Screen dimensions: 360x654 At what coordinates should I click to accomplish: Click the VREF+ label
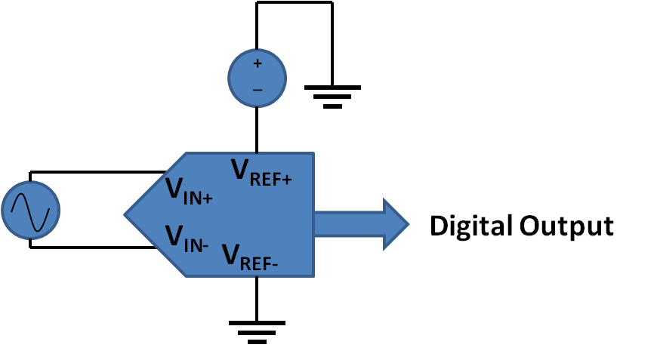pyautogui.click(x=261, y=172)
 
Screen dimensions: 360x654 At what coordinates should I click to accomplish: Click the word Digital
pyautogui.click(x=473, y=226)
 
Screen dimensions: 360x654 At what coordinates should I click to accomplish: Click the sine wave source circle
pyautogui.click(x=31, y=209)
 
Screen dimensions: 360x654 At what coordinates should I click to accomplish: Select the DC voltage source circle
pyautogui.click(x=257, y=78)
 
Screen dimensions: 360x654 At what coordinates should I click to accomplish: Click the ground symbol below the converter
pyautogui.click(x=257, y=331)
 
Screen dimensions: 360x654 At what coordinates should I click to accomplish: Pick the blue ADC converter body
pyautogui.click(x=249, y=215)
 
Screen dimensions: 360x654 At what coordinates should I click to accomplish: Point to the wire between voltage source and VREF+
pyautogui.click(x=257, y=129)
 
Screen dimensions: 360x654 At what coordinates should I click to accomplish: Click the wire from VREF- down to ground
pyautogui.click(x=257, y=297)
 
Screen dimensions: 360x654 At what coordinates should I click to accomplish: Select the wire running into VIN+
pyautogui.click(x=98, y=172)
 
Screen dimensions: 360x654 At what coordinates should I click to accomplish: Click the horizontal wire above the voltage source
pyautogui.click(x=295, y=2)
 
